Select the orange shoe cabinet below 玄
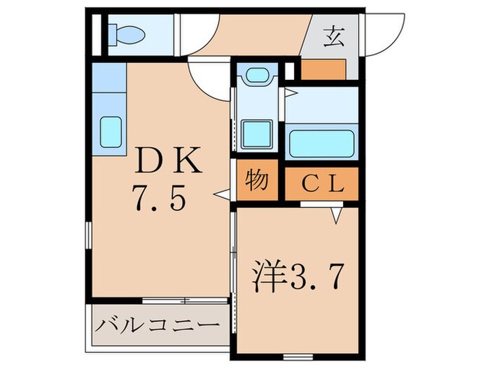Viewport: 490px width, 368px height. click(x=324, y=70)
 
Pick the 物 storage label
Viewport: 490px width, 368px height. click(x=256, y=182)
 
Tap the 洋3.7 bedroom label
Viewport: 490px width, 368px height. click(x=299, y=278)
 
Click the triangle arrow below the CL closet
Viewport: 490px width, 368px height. click(x=335, y=217)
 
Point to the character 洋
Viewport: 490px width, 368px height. click(x=266, y=278)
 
